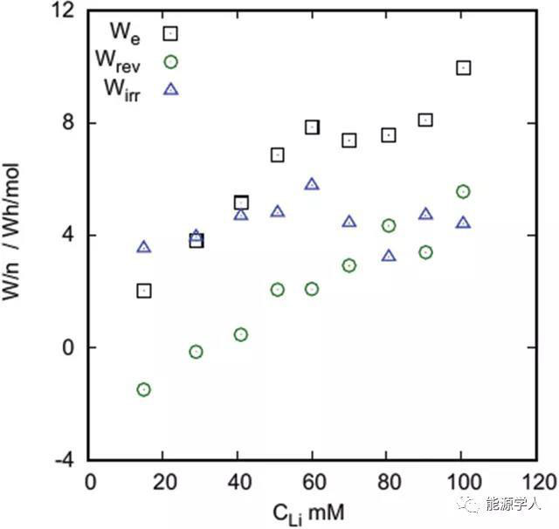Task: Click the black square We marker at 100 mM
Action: click(463, 67)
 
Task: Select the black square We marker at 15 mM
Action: click(144, 291)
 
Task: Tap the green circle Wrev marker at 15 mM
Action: click(144, 389)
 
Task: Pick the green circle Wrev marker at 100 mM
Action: click(463, 191)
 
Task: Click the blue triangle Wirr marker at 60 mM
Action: click(312, 184)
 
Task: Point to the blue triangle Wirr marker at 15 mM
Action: click(144, 247)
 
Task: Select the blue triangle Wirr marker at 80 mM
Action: click(389, 256)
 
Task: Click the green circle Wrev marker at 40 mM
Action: click(241, 334)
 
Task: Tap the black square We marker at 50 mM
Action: click(278, 155)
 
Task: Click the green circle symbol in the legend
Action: click(170, 61)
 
